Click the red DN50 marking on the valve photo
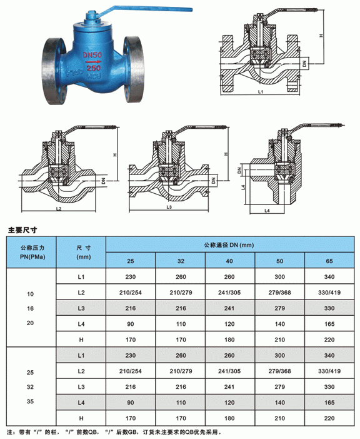(92, 55)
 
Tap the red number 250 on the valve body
(93, 68)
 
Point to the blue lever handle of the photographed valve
(146, 9)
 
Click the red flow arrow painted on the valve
(93, 61)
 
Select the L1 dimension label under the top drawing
(261, 91)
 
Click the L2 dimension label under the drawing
(59, 209)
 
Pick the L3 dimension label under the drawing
(169, 207)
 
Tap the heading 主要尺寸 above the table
(22, 230)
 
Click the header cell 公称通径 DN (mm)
(229, 245)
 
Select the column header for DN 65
(329, 261)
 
